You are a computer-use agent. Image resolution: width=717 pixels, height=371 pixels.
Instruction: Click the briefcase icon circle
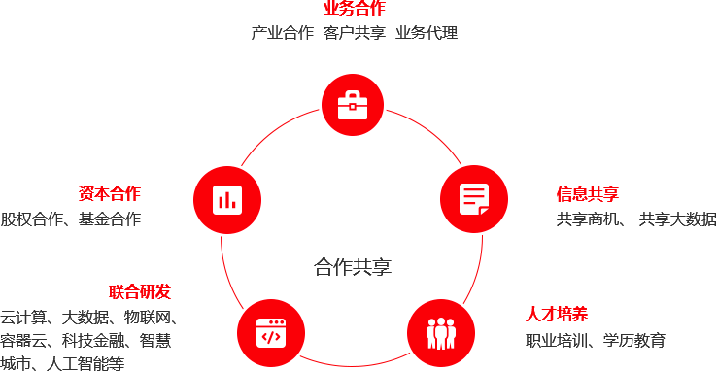click(352, 104)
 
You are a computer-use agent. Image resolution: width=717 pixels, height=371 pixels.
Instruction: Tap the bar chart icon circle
click(227, 200)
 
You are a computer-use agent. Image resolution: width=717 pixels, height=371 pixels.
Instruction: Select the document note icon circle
click(474, 199)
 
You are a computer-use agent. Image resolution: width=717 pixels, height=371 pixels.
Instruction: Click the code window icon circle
click(270, 333)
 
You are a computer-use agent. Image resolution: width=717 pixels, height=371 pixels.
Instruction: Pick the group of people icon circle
click(440, 331)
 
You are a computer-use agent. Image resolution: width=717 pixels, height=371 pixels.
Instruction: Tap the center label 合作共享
click(353, 266)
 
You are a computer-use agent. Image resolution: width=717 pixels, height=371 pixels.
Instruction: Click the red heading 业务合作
click(354, 8)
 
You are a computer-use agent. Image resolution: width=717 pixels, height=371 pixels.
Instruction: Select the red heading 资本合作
click(109, 193)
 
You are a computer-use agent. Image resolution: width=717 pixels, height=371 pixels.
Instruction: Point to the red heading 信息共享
click(587, 194)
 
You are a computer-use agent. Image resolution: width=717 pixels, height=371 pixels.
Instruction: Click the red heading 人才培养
click(557, 314)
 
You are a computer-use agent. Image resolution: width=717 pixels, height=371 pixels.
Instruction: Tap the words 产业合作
click(283, 32)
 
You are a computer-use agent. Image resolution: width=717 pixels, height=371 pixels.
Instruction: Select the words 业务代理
click(427, 32)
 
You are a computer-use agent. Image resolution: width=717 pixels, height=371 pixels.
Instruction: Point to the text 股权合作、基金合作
click(71, 219)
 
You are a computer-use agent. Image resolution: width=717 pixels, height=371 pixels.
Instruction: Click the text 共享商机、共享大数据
click(635, 219)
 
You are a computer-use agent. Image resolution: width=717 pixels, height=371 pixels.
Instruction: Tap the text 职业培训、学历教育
click(596, 339)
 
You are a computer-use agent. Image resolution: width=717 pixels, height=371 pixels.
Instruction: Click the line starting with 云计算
click(88, 317)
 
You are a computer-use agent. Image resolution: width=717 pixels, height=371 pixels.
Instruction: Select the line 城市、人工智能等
click(63, 363)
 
